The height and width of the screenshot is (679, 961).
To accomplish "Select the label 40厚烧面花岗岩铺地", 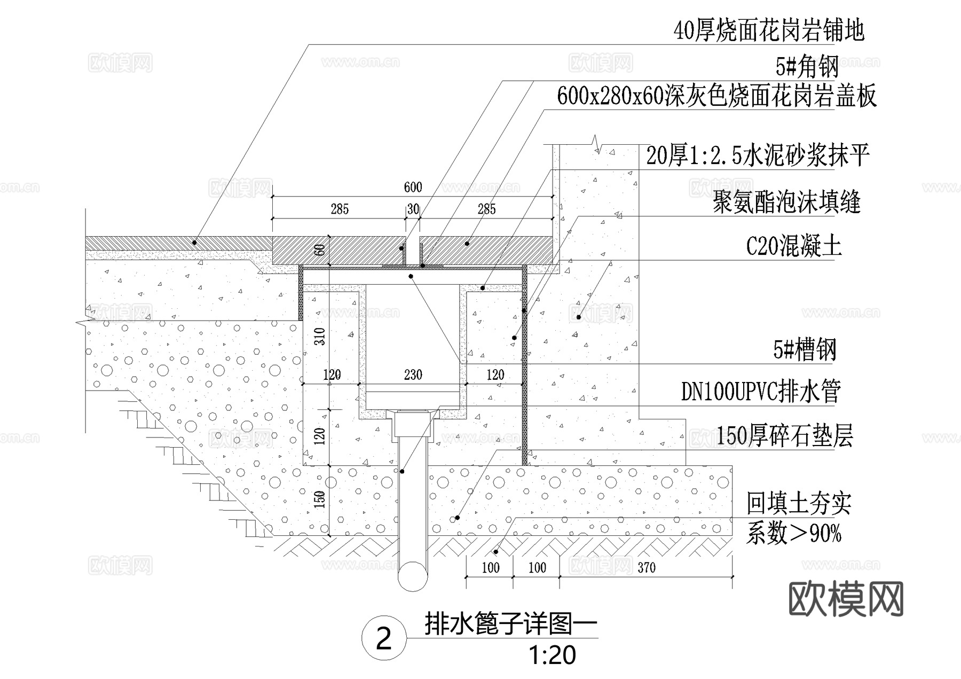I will click(x=769, y=30).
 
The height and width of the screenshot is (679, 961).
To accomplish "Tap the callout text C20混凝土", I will click(x=793, y=246).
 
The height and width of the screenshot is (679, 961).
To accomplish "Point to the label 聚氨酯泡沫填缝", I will click(x=786, y=202).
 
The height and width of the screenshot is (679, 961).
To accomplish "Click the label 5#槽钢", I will click(x=804, y=350).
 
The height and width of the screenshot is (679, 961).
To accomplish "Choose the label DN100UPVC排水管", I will click(x=761, y=392).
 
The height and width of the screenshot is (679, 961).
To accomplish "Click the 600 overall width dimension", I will click(x=413, y=187).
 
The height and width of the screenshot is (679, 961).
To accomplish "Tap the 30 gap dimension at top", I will click(x=413, y=209).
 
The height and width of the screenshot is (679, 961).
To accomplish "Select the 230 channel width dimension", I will click(x=413, y=375).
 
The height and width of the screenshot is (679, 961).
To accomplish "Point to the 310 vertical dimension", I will click(x=319, y=336).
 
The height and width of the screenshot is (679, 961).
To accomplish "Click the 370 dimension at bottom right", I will click(x=646, y=567).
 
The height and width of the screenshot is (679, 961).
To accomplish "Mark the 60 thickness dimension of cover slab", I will click(x=319, y=250).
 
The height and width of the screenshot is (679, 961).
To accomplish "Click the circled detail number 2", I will click(x=384, y=638).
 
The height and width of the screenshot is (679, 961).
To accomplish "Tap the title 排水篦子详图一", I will click(x=510, y=624).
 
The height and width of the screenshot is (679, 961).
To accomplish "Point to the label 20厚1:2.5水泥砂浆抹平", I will click(x=758, y=156).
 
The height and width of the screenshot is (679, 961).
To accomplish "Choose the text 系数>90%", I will click(x=793, y=534).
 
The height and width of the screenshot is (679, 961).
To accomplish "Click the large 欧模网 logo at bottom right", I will click(x=846, y=599).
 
